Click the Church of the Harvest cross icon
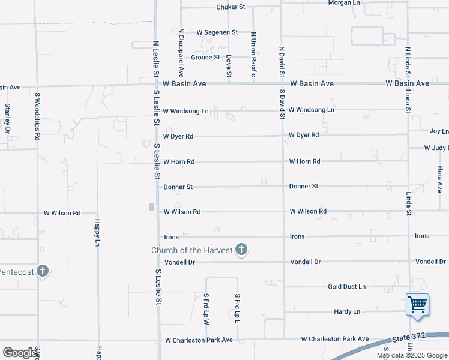click(241, 250)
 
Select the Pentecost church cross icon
click(42, 271)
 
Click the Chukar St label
click(231, 7)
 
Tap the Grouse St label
click(206, 58)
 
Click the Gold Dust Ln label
click(346, 287)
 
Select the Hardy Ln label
click(348, 312)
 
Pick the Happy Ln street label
click(97, 232)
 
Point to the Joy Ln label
click(439, 131)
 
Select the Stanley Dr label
click(8, 118)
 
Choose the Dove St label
click(229, 66)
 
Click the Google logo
click(20, 353)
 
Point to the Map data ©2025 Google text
click(411, 355)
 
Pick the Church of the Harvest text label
click(191, 250)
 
